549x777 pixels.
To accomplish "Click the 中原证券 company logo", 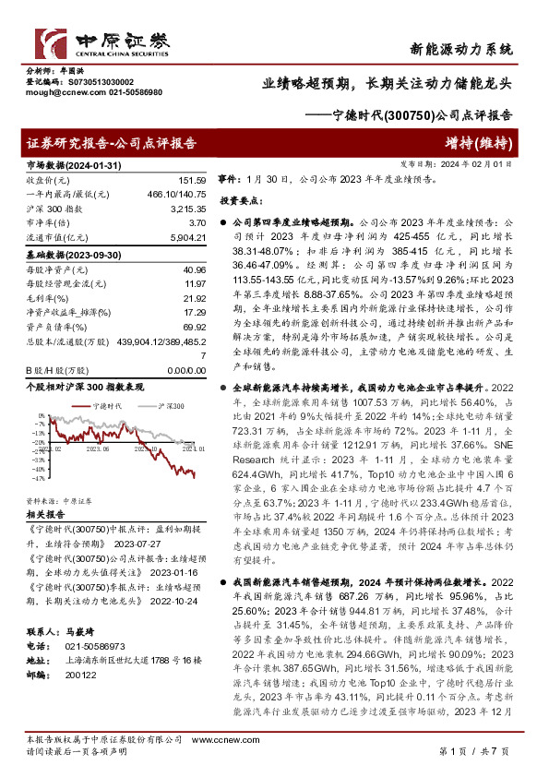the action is pos(102,42).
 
